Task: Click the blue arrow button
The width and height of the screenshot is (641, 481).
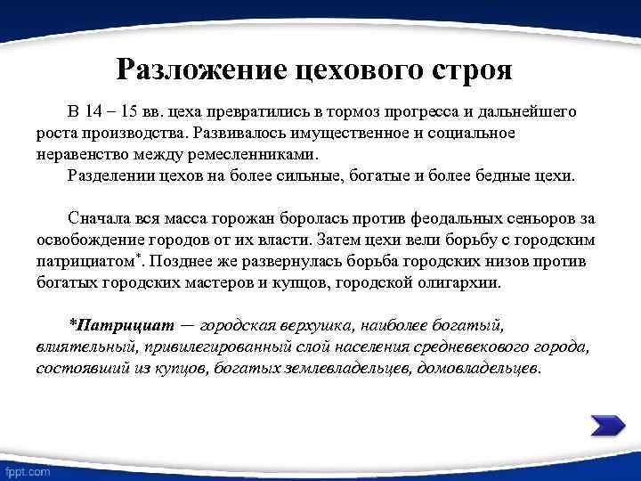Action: pyautogui.click(x=607, y=425)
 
